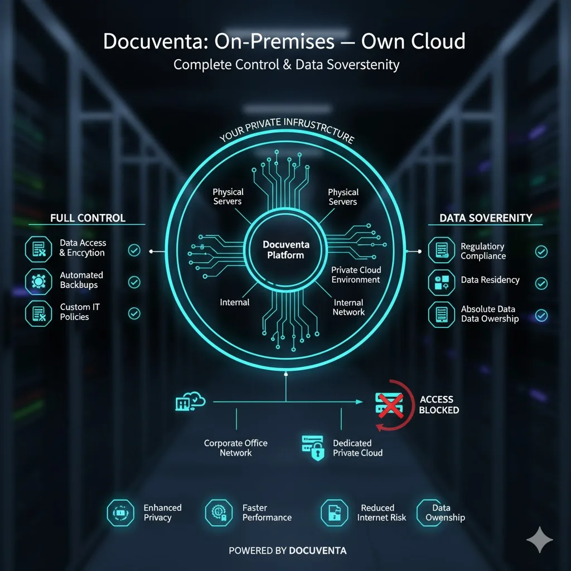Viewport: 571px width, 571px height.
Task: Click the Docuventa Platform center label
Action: tap(286, 250)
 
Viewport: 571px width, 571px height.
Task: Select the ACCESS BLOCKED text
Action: tap(439, 405)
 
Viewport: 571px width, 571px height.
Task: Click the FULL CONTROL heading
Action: tap(88, 218)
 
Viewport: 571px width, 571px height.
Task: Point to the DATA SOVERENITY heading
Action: tap(486, 218)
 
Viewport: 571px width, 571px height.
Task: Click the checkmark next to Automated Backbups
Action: tap(134, 282)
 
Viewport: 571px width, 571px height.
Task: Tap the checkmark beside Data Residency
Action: tap(541, 283)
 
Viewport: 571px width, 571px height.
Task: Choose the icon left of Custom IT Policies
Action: tap(38, 313)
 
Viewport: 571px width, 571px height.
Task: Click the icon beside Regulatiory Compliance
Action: tap(442, 250)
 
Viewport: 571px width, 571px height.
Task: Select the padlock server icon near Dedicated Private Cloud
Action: tap(313, 448)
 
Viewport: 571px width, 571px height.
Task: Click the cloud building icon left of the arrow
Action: tap(190, 401)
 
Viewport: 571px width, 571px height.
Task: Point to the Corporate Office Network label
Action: tap(236, 448)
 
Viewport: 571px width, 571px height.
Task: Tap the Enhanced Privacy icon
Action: tap(120, 513)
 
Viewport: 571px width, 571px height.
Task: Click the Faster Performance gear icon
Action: tap(219, 513)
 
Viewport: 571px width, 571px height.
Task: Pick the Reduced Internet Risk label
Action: tap(381, 513)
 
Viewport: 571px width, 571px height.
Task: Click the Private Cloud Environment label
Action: tap(356, 275)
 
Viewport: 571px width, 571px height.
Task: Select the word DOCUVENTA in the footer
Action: tap(318, 550)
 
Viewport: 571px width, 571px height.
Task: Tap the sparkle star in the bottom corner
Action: tap(540, 540)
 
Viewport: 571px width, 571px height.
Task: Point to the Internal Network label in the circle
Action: tap(349, 307)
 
